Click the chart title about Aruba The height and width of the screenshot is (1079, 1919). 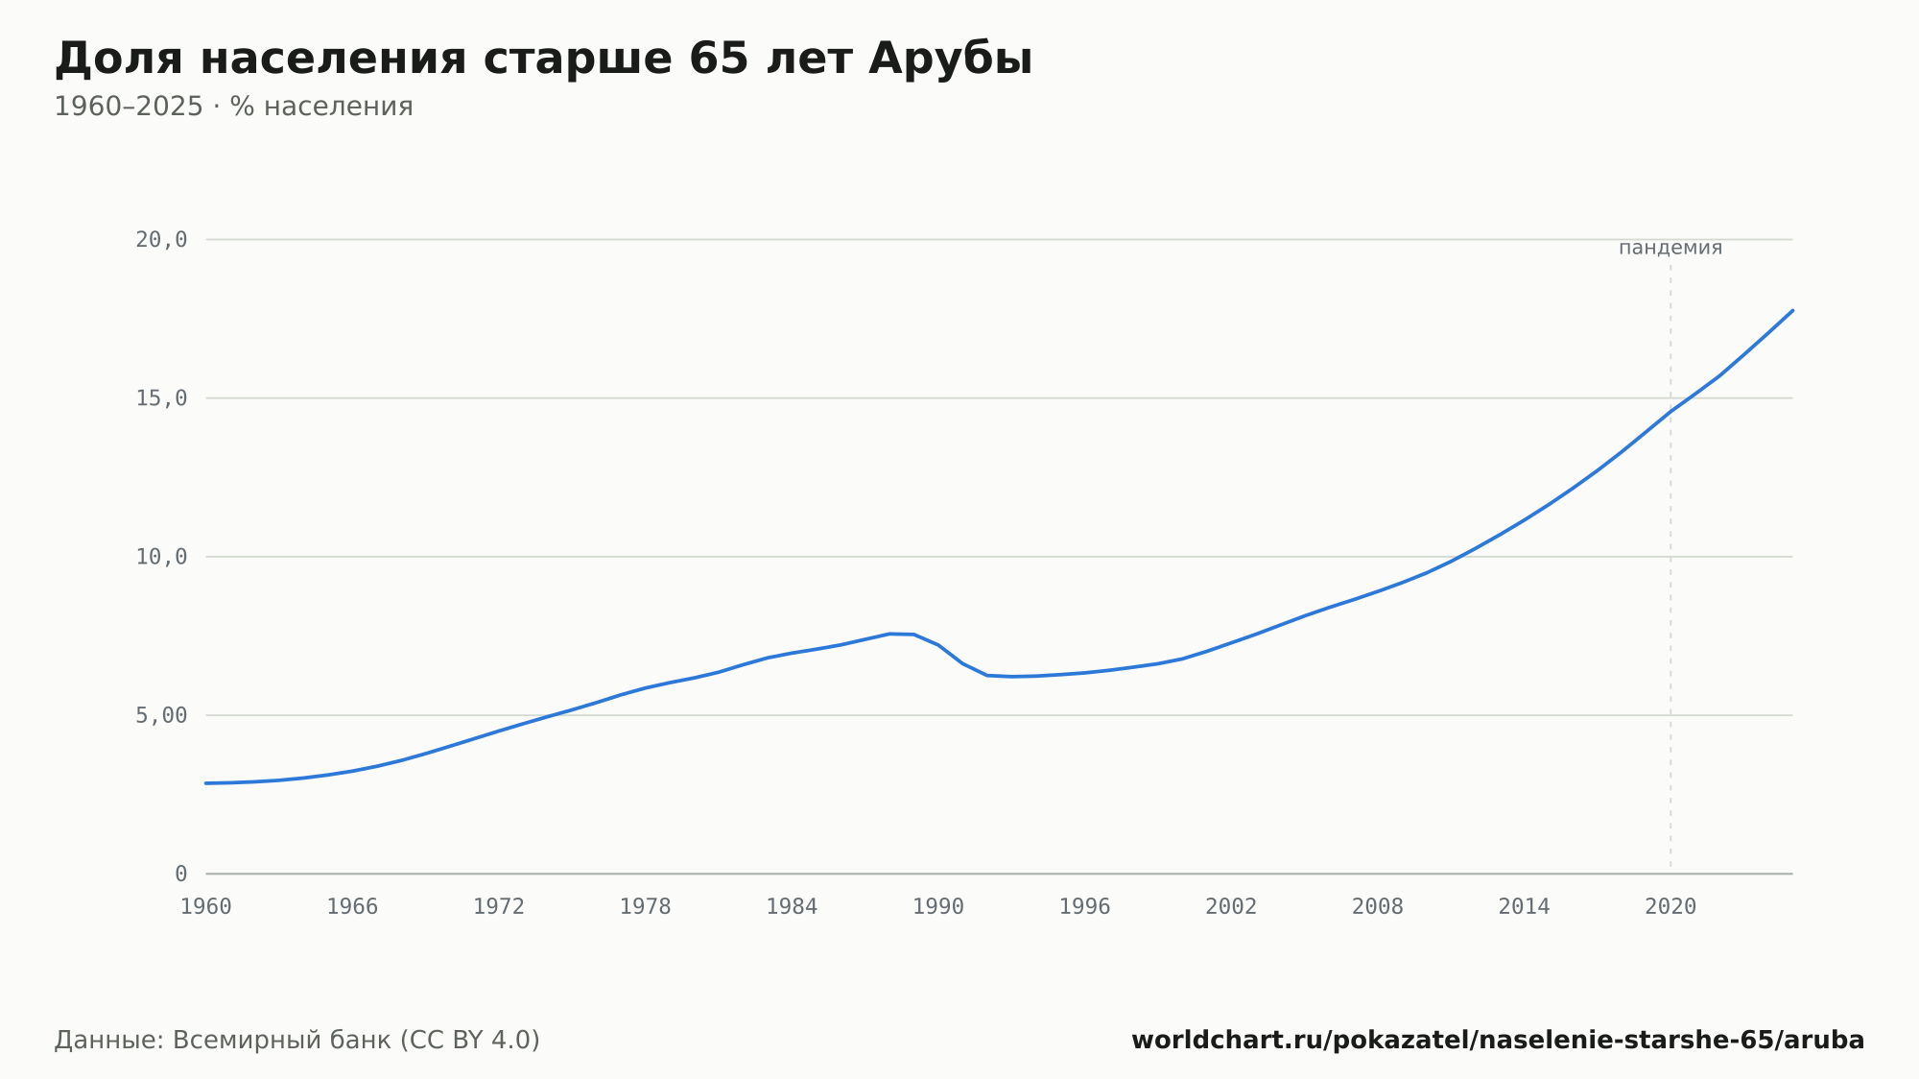tap(543, 59)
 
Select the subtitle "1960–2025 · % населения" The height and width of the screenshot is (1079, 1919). tap(233, 107)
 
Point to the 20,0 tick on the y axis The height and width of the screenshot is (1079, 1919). tap(161, 240)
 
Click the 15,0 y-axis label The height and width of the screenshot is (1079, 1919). tap(161, 398)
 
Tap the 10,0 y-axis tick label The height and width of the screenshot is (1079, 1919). tap(161, 557)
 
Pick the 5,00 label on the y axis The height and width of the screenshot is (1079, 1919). tap(161, 715)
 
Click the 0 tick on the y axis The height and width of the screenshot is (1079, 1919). tap(180, 874)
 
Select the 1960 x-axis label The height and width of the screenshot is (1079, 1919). tap(206, 907)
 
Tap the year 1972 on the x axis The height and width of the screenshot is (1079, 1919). tap(499, 907)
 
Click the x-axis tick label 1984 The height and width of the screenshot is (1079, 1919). tap(792, 907)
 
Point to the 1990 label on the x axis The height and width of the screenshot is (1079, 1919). tap(938, 907)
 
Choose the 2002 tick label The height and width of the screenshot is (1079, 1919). tap(1231, 907)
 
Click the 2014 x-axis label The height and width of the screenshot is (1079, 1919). tap(1524, 907)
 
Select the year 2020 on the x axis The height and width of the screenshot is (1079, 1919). tap(1670, 907)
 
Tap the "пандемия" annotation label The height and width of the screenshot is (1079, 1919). tap(1670, 248)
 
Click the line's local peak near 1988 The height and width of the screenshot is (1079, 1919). tap(890, 634)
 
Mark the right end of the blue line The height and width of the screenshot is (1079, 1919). tap(1792, 310)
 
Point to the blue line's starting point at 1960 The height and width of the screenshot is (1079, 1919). tap(206, 783)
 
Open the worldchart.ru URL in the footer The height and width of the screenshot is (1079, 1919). tap(1498, 1041)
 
